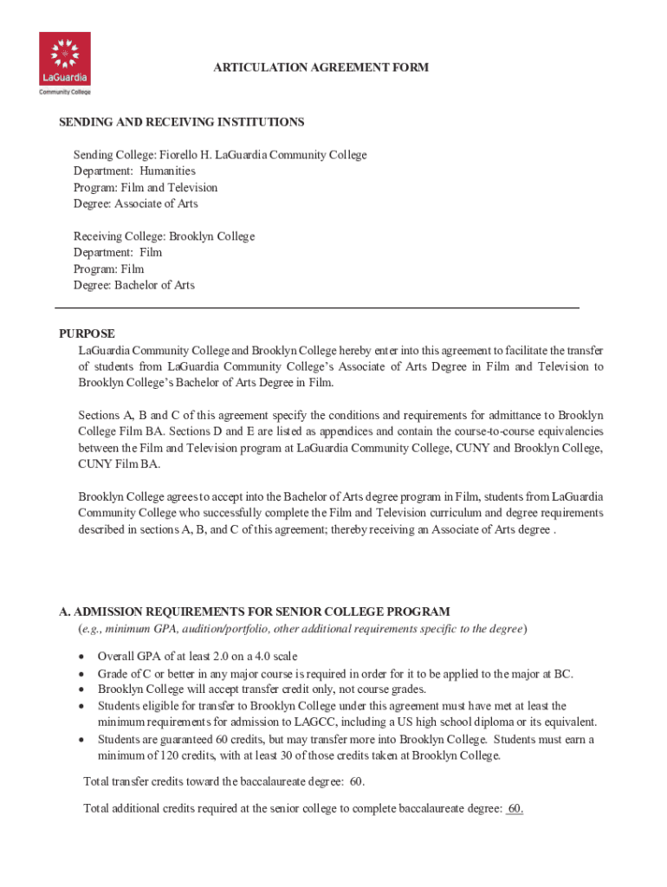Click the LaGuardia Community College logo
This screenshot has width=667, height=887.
point(65,63)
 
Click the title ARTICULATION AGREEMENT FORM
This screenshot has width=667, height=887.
point(321,68)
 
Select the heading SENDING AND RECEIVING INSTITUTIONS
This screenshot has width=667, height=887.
point(181,122)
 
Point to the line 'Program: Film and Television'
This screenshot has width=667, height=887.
point(146,188)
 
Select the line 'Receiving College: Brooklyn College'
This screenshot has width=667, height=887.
point(164,236)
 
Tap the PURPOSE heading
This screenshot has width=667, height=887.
point(87,334)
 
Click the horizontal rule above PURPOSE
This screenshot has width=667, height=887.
point(317,308)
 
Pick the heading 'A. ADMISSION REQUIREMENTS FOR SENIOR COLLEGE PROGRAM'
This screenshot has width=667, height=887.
point(254,612)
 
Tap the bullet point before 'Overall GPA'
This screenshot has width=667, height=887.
point(81,657)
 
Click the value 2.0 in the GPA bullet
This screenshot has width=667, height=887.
point(221,657)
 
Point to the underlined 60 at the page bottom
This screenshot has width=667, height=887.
point(515,809)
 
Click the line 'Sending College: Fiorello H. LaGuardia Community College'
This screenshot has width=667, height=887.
point(220,155)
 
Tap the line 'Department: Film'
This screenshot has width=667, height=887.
point(118,253)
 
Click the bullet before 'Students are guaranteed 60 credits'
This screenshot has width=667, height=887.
point(81,740)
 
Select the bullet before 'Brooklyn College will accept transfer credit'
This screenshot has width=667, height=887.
point(81,690)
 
